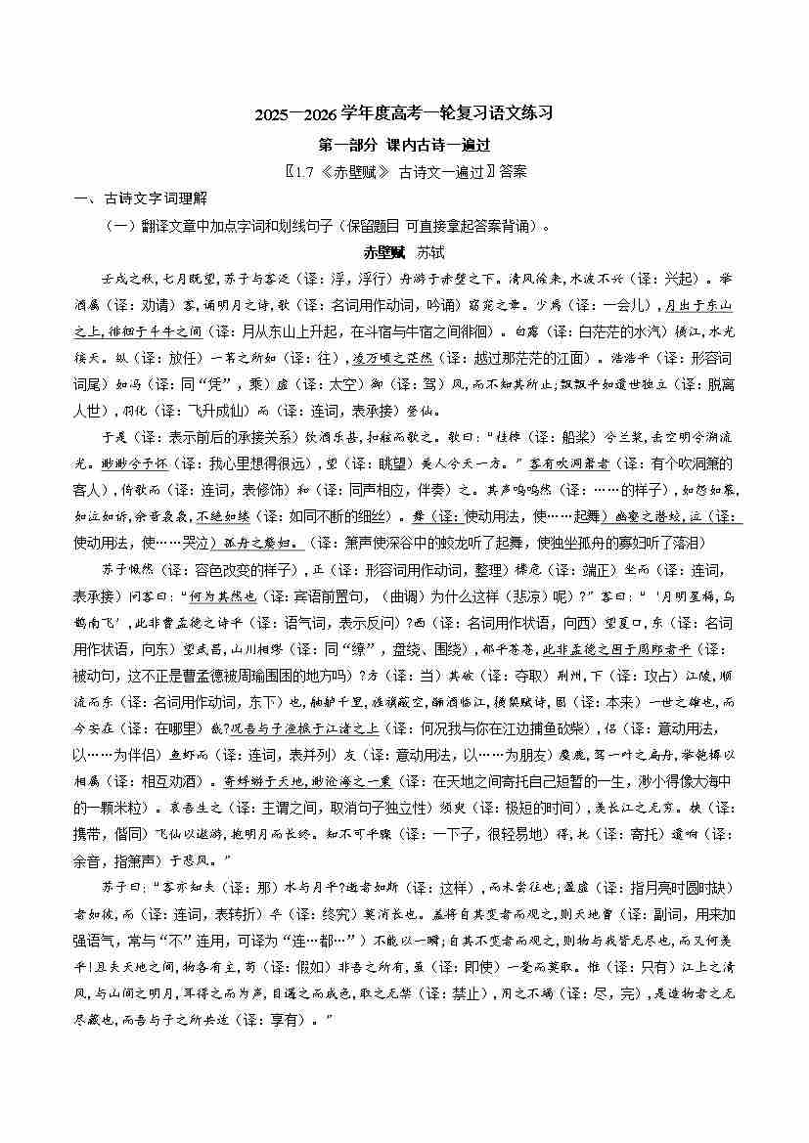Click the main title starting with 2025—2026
point(404,113)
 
